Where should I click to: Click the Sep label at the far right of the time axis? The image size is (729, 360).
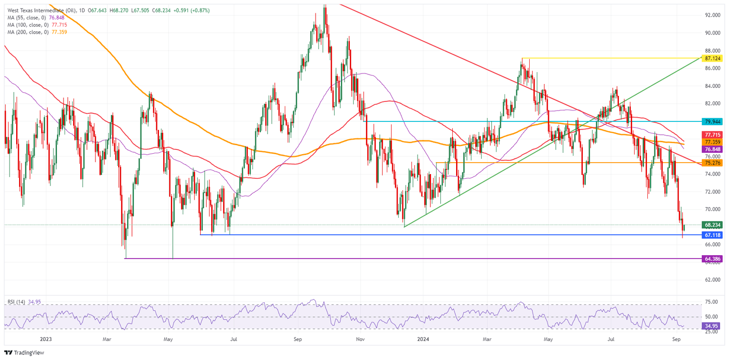(677, 339)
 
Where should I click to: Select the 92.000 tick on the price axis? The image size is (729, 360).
(713, 15)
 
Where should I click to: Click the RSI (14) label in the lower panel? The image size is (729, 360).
(17, 301)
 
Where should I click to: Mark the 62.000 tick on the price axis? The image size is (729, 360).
(713, 280)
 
